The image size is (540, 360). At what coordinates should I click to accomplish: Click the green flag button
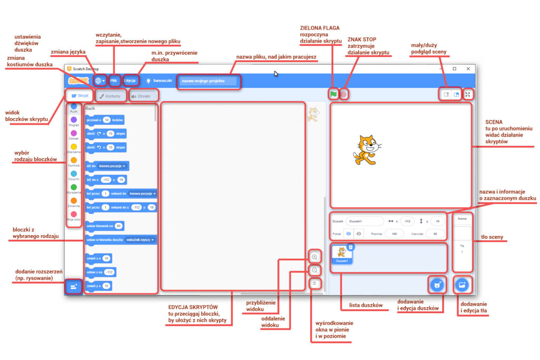click(x=333, y=94)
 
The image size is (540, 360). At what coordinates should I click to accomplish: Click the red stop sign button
click(x=343, y=94)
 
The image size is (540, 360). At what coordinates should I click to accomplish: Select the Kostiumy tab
click(x=111, y=96)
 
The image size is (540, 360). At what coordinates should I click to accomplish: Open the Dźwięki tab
click(x=143, y=96)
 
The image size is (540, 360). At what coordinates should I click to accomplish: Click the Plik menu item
click(x=114, y=81)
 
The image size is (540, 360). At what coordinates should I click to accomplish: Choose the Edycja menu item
click(x=130, y=81)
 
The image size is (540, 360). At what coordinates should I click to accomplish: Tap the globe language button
click(x=99, y=81)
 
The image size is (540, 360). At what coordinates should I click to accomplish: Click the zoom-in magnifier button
click(x=314, y=257)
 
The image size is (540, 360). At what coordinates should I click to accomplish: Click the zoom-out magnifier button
click(x=314, y=270)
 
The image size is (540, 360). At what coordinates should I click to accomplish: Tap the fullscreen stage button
click(x=467, y=94)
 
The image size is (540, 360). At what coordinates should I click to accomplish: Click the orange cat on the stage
click(x=364, y=150)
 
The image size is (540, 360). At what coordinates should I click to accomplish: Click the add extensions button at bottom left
click(x=74, y=286)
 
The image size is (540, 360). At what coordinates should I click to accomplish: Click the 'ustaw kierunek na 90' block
click(x=104, y=226)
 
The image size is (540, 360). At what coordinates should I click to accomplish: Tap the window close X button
click(x=468, y=69)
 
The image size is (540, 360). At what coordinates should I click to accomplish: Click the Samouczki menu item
click(x=156, y=81)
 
